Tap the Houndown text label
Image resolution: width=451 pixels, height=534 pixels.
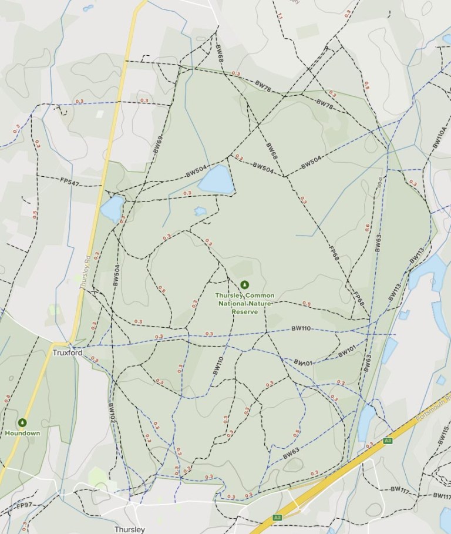click(x=22, y=433)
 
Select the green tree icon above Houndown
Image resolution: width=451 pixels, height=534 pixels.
click(x=22, y=422)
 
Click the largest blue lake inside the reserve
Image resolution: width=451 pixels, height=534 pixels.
click(x=216, y=179)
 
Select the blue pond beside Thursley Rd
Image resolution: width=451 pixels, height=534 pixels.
click(x=112, y=208)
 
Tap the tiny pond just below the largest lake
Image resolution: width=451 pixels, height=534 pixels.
click(x=200, y=211)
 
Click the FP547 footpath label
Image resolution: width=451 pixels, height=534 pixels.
click(x=69, y=183)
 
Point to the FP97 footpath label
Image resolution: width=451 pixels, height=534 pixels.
click(x=25, y=505)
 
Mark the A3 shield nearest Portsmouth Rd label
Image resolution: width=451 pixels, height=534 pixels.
click(x=387, y=440)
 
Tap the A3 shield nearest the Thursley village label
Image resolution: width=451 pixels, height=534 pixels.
click(x=277, y=518)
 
